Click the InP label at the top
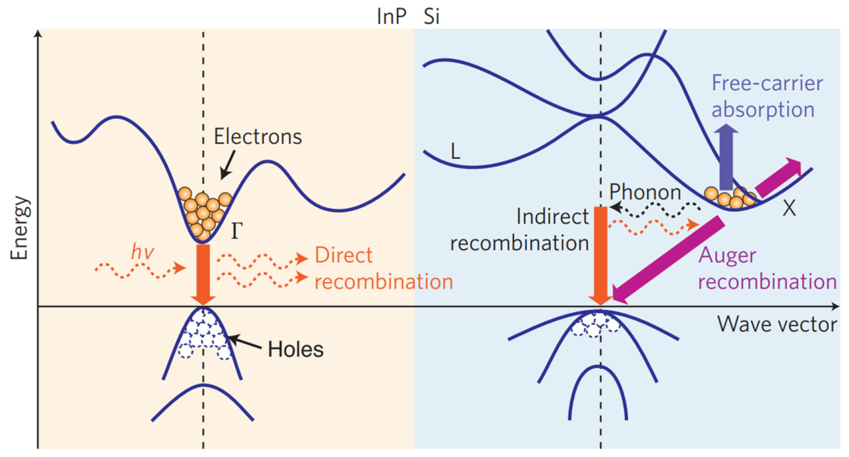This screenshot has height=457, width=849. (391, 17)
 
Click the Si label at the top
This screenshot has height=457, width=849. (431, 17)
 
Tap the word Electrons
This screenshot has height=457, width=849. (258, 137)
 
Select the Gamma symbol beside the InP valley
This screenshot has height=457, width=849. (237, 231)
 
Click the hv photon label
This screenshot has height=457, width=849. (142, 252)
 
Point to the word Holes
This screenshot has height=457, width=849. (295, 349)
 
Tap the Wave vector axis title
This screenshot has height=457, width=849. (777, 325)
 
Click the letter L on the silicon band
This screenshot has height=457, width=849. (455, 152)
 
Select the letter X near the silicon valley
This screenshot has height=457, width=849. (789, 208)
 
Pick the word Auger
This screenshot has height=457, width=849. (727, 255)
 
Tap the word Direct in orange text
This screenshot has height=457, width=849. (343, 255)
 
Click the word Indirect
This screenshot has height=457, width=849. (552, 217)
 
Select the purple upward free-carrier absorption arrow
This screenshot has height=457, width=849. (726, 158)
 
